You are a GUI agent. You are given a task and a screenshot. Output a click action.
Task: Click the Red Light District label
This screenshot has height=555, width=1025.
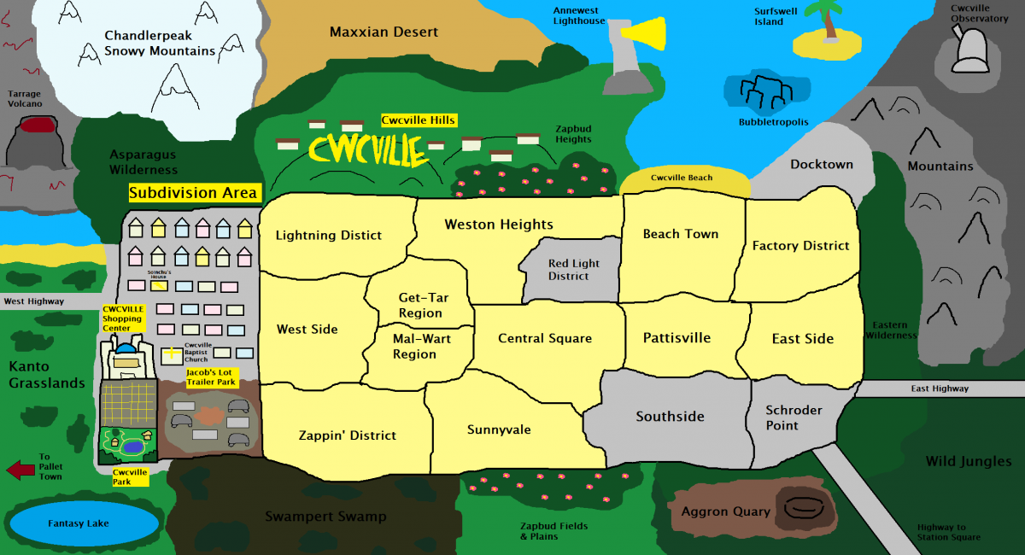573,270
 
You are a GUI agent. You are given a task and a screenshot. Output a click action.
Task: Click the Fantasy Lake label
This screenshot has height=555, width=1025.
79,523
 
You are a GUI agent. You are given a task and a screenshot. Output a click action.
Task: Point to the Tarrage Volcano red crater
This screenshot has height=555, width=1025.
36,127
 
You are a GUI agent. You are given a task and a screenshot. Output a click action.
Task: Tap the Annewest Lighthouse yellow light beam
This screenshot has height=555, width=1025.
643,33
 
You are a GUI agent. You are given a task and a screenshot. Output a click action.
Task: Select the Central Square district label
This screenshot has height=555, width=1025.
545,338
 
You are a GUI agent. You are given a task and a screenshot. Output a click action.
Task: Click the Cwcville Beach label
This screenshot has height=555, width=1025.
681,178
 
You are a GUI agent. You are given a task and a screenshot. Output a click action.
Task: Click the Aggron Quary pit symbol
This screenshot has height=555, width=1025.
802,508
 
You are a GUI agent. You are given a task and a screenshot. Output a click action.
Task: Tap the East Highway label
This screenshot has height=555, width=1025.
940,388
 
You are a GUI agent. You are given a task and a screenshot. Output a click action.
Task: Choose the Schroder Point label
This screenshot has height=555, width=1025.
794,418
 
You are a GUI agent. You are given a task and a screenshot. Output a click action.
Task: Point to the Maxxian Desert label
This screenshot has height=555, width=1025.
384,32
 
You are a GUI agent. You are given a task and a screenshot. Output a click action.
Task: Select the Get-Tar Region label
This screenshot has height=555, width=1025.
420,305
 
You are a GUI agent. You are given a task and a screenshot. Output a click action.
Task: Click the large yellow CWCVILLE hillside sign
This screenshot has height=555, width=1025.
368,150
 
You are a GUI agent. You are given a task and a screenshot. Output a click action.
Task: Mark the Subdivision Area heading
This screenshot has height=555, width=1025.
193,193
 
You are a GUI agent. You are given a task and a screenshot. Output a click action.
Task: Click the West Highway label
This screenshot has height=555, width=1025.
34,301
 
